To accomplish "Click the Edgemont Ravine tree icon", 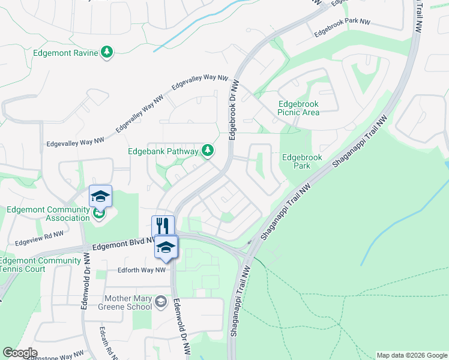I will click(x=107, y=53).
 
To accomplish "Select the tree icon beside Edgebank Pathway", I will click(x=208, y=150).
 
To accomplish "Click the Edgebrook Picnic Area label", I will click(x=298, y=108).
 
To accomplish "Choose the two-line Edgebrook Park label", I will click(x=302, y=161).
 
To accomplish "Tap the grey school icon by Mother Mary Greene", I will click(x=160, y=302).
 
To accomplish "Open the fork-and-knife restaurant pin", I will click(x=163, y=226).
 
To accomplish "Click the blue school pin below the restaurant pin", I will click(x=166, y=247).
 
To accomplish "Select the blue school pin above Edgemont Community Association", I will click(x=100, y=196).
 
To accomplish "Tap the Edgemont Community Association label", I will click(x=48, y=214).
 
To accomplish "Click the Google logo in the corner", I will click(x=20, y=353).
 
